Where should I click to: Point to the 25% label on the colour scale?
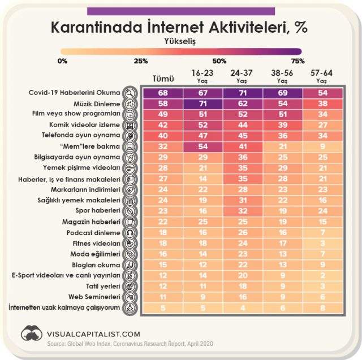(x=141, y=60)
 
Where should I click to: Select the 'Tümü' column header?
(x=163, y=78)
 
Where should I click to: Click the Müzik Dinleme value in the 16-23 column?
(x=202, y=104)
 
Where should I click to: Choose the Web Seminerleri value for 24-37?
(x=243, y=297)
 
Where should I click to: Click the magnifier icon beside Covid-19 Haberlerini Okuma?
(x=130, y=93)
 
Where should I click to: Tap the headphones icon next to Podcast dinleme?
(x=130, y=232)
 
